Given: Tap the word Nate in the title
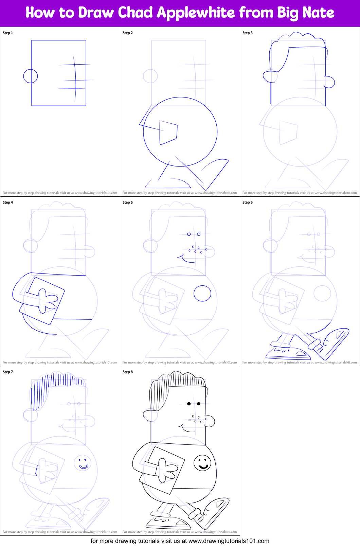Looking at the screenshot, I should [x=318, y=13].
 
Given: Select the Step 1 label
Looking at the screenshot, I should [x=8, y=33].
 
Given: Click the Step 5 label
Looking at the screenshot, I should [x=128, y=202].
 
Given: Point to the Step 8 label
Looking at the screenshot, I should [x=128, y=372].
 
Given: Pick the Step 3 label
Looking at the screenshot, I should [x=248, y=33].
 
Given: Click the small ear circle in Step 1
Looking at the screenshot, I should [x=31, y=76].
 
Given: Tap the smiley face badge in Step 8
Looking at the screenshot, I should [x=202, y=463].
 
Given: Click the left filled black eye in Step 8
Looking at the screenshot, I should [x=189, y=404].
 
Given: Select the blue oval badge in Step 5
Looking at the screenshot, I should [x=202, y=293].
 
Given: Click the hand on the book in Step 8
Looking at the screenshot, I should [x=166, y=470].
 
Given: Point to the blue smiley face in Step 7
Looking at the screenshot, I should [x=83, y=463].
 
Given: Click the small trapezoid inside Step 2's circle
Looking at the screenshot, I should [x=168, y=132].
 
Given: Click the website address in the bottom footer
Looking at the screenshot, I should [x=229, y=541].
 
